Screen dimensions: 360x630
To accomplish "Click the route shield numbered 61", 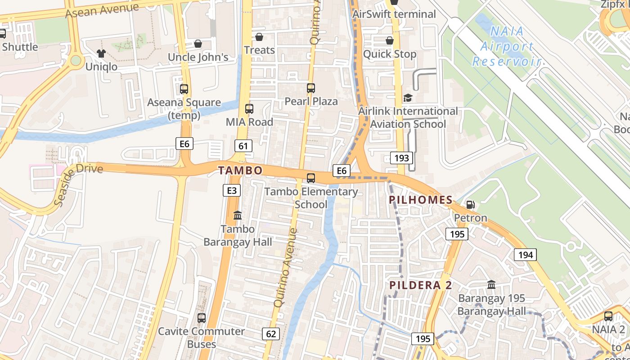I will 243,145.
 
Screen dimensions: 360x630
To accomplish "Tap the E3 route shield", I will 231,190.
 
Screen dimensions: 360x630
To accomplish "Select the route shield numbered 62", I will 271,334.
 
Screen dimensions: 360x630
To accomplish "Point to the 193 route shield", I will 401,157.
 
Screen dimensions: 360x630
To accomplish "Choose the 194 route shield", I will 525,255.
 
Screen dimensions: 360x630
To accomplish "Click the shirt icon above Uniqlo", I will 101,54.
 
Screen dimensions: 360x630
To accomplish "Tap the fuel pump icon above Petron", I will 470,205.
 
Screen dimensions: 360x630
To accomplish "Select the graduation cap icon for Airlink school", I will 408,98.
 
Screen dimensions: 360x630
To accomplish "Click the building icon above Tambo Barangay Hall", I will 238,216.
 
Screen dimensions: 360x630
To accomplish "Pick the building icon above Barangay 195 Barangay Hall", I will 491,285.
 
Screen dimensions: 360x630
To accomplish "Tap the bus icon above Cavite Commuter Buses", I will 202,318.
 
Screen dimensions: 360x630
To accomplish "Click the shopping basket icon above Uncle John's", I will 198,44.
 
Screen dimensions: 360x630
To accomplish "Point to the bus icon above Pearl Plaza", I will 311,88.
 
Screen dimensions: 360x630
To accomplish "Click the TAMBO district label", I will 240,171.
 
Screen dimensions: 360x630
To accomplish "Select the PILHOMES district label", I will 421,200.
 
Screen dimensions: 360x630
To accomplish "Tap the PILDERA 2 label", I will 421,285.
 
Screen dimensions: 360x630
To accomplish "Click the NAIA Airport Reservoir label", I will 506,46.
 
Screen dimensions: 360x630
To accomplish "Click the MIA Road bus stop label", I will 249,122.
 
